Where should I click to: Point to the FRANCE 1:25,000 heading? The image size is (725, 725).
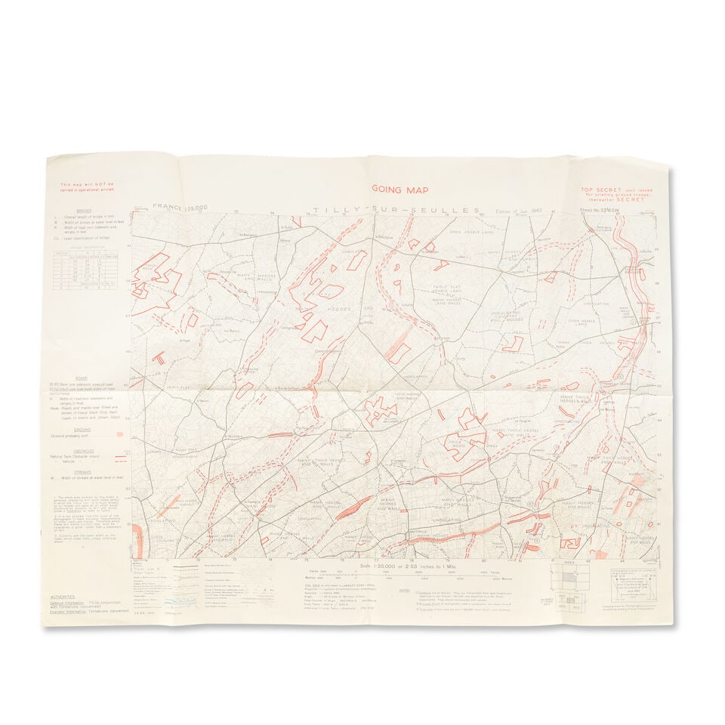[x=180, y=206]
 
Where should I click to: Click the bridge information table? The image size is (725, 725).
[x=88, y=267]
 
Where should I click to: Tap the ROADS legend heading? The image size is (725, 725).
[x=81, y=378]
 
